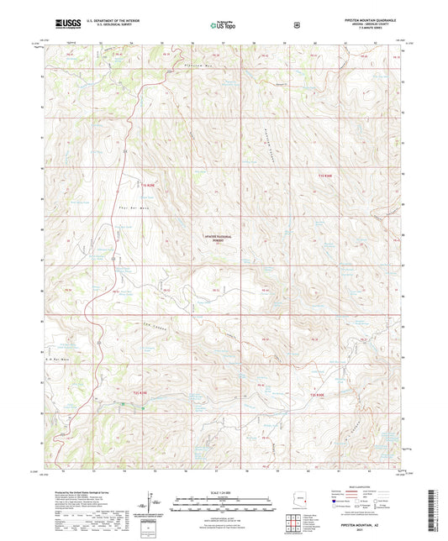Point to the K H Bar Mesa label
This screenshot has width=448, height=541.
[56, 360]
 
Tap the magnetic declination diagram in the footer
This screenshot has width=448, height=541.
[151, 506]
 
